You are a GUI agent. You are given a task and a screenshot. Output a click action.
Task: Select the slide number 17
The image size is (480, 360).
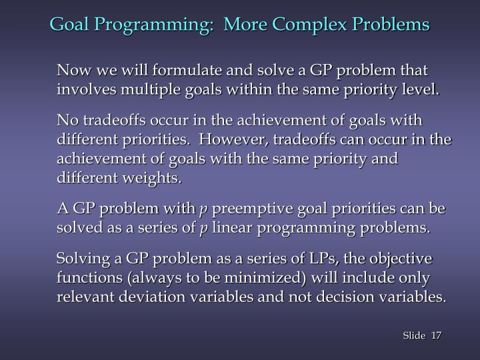coord(437,335)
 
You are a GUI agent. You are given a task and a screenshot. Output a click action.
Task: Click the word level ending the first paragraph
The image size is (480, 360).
coord(421,89)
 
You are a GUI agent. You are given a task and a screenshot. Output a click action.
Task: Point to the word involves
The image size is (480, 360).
coord(82,89)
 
